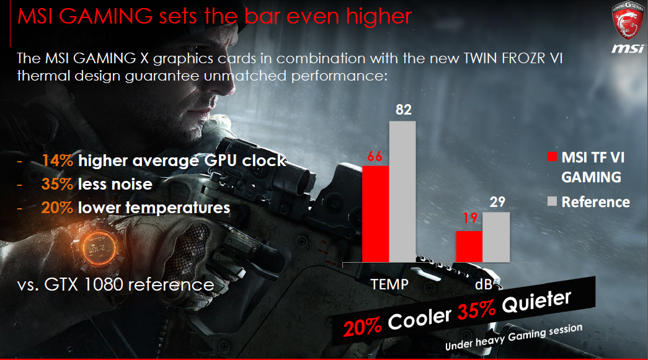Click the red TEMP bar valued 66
tap(376, 214)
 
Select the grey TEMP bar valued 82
tap(402, 191)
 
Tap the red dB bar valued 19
tap(469, 247)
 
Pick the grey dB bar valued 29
tap(496, 237)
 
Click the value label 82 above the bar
tap(403, 110)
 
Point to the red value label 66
tap(375, 156)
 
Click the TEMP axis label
tap(389, 284)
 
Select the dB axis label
tap(484, 284)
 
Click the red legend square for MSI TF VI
tap(552, 157)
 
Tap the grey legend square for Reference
tap(552, 201)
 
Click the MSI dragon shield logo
tap(628, 20)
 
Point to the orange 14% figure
tap(58, 160)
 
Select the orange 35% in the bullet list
tap(58, 184)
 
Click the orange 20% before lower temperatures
tap(58, 208)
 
